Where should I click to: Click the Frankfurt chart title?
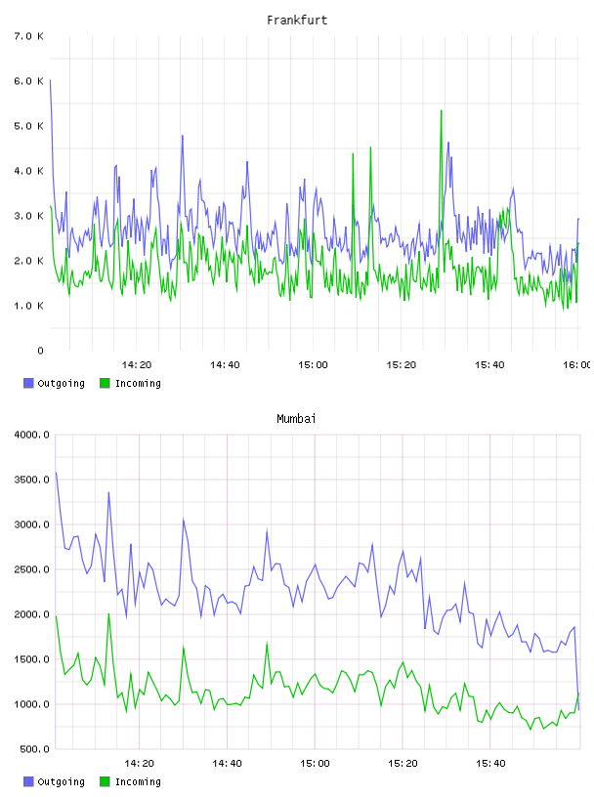pyautogui.click(x=297, y=21)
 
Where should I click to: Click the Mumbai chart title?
pyautogui.click(x=296, y=419)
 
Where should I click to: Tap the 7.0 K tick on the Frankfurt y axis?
pyautogui.click(x=29, y=36)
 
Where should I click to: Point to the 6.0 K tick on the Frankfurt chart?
pyautogui.click(x=29, y=81)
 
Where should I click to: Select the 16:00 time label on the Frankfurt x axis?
pyautogui.click(x=576, y=365)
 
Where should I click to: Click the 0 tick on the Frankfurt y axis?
pyautogui.click(x=40, y=351)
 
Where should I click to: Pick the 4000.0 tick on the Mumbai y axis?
pyautogui.click(x=31, y=435)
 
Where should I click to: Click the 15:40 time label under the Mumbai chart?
pyautogui.click(x=490, y=764)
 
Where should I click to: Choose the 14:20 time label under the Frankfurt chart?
pyautogui.click(x=137, y=365)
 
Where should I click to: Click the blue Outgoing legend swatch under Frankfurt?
pyautogui.click(x=28, y=383)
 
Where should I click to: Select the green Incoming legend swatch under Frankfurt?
pyautogui.click(x=105, y=383)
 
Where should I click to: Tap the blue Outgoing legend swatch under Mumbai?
pyautogui.click(x=28, y=781)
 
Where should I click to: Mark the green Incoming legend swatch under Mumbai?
pyautogui.click(x=105, y=781)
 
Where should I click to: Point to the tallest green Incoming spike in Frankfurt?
pyautogui.click(x=442, y=110)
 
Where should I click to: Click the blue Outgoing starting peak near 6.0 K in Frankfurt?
pyautogui.click(x=50, y=80)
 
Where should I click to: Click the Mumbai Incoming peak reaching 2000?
pyautogui.click(x=108, y=614)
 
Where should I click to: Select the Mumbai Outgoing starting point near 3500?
pyautogui.click(x=56, y=473)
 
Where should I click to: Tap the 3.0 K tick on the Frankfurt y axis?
pyautogui.click(x=29, y=216)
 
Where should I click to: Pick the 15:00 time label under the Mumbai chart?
pyautogui.click(x=315, y=764)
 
